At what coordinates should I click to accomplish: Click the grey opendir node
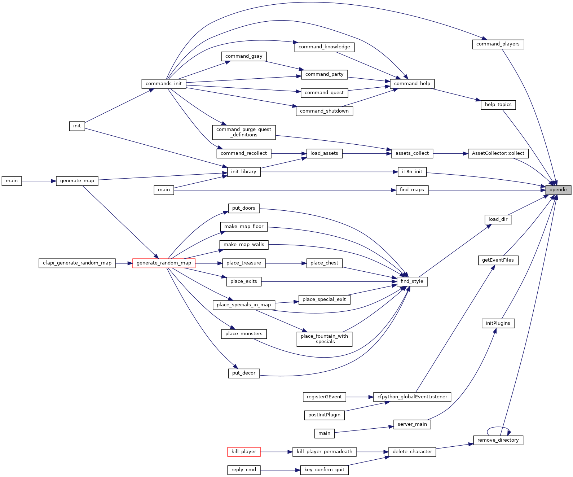click(558, 190)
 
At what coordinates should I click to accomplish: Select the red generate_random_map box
click(164, 263)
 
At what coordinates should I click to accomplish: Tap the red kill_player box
click(244, 452)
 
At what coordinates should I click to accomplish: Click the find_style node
click(412, 281)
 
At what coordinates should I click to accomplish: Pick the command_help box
click(412, 83)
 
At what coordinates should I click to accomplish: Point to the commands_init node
click(164, 83)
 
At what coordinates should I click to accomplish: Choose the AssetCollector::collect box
click(498, 153)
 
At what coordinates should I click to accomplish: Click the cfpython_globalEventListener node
click(412, 397)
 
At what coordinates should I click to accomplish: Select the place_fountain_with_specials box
click(325, 339)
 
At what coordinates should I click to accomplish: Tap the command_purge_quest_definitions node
click(244, 132)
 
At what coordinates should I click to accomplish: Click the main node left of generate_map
click(12, 181)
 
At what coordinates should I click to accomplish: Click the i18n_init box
click(412, 172)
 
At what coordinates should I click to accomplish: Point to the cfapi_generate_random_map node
click(77, 263)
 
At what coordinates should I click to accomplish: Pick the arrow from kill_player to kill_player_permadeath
click(276, 452)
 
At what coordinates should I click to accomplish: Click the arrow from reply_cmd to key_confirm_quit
click(280, 470)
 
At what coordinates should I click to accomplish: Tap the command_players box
click(498, 44)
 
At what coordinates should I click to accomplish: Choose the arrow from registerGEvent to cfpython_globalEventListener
click(360, 397)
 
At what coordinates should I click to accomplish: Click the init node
click(77, 126)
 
